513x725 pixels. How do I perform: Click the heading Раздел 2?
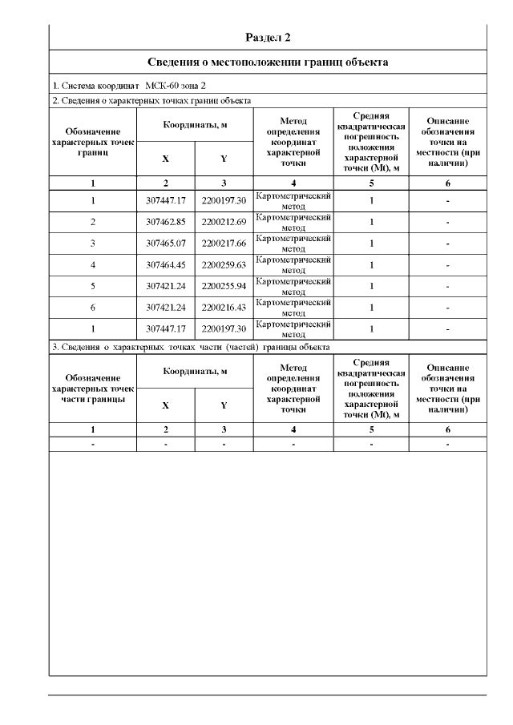click(269, 38)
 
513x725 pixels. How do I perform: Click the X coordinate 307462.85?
click(166, 222)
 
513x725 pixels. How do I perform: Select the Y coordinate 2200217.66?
click(224, 244)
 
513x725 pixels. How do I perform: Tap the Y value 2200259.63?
click(224, 265)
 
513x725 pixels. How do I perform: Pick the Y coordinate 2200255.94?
click(224, 286)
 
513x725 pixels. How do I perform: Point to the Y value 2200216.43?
click(224, 308)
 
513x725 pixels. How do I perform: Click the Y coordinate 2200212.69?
click(224, 222)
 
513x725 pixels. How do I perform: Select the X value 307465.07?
click(166, 244)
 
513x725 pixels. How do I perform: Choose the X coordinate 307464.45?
click(166, 265)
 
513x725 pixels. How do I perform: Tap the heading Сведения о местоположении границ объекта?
click(269, 62)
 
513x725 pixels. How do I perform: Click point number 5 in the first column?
click(93, 286)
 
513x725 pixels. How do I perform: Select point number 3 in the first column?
click(93, 244)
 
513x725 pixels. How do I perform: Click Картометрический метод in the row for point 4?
click(293, 265)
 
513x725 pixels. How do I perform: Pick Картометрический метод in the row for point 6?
click(293, 308)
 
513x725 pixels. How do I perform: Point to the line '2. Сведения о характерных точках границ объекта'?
click(151, 101)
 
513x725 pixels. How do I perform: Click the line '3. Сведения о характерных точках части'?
click(190, 347)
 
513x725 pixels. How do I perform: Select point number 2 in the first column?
click(93, 222)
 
